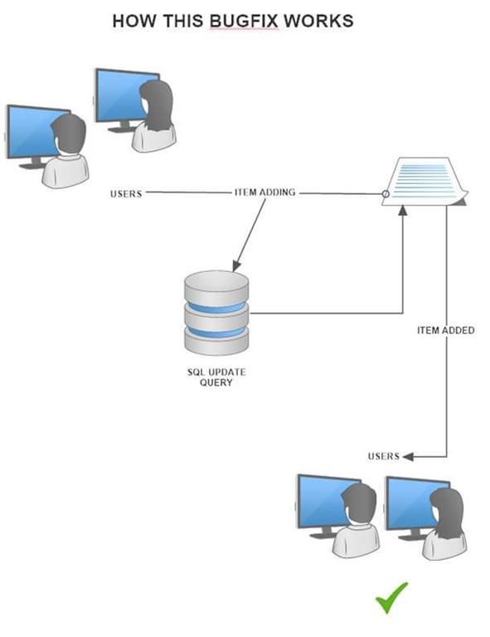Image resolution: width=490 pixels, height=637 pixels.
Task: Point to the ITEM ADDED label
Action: (446, 330)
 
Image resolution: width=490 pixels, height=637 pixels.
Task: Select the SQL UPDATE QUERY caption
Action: (216, 377)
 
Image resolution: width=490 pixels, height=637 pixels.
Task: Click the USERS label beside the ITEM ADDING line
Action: (126, 194)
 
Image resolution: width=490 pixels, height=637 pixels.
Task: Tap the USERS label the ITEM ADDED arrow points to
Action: (384, 456)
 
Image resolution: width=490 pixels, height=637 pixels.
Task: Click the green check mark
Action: (391, 597)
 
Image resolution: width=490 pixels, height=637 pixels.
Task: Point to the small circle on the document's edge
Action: (386, 196)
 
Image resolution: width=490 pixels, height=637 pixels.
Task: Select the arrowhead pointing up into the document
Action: (402, 212)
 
